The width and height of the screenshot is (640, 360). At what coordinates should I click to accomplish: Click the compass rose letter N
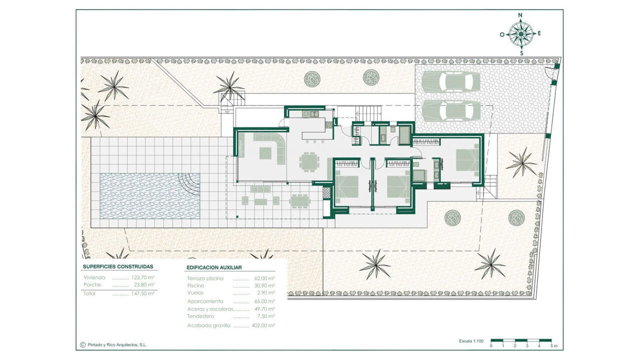(x=520, y=15)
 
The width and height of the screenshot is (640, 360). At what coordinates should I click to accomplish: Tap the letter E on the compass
(x=539, y=33)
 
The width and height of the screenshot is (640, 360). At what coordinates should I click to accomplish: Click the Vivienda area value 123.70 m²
(x=142, y=277)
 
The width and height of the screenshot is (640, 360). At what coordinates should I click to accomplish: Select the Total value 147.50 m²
(x=142, y=293)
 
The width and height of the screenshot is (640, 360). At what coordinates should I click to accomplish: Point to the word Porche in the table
(x=92, y=284)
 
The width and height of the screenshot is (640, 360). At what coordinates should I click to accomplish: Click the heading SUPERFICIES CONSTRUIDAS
(x=118, y=266)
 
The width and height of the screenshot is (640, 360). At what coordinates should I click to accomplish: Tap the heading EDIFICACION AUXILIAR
(x=214, y=267)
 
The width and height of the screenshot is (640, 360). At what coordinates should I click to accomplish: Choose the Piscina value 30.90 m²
(x=264, y=285)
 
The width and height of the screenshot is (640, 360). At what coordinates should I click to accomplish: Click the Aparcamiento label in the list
(x=205, y=301)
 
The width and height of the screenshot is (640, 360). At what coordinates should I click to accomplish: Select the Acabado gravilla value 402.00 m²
(x=263, y=325)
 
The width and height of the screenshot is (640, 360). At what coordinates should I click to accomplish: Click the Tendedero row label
(x=200, y=316)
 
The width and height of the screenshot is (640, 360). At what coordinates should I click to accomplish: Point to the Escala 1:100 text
(x=471, y=341)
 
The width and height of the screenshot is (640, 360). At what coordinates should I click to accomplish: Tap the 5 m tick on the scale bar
(x=551, y=346)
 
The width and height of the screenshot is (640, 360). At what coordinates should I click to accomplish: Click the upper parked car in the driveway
(x=451, y=81)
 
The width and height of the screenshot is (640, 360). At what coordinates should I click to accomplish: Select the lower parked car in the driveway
(x=451, y=111)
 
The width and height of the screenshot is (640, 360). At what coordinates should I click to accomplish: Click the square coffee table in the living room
(x=265, y=153)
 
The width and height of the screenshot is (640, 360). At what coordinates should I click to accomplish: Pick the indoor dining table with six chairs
(x=308, y=162)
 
